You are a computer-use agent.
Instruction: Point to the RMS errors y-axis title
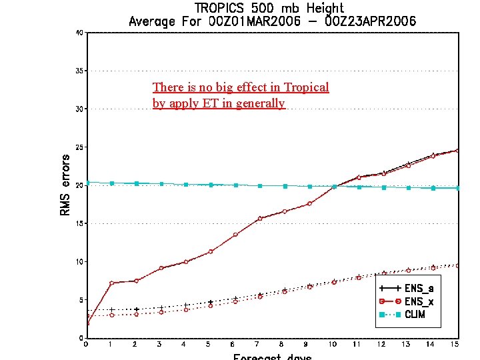pos(65,185)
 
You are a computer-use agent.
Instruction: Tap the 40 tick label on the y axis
pos(79,32)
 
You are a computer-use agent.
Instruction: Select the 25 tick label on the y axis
pos(79,147)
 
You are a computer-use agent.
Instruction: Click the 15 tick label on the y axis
pos(79,223)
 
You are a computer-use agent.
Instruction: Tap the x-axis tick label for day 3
pos(159,345)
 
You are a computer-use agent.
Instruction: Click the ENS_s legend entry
pos(419,289)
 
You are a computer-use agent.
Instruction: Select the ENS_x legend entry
pos(419,301)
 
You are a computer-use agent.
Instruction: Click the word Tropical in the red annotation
pos(306,87)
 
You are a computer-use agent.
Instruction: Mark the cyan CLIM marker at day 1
pos(111,183)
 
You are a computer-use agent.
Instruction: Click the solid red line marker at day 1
pos(111,283)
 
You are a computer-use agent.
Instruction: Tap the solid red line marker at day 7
pos(259,219)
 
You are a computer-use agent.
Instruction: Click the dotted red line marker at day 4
pos(185,310)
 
